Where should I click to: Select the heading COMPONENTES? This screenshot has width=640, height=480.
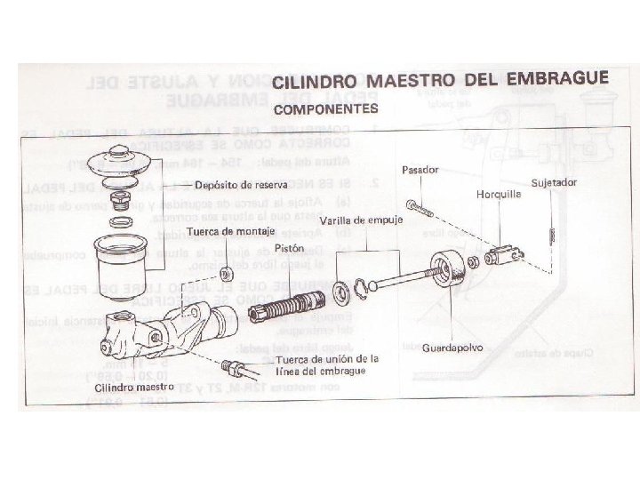(325, 110)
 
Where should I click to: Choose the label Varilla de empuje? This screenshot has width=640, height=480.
(362, 220)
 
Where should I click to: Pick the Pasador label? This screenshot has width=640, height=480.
(418, 168)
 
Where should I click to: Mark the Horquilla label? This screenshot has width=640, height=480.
(498, 196)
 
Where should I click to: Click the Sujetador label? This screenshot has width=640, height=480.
(556, 182)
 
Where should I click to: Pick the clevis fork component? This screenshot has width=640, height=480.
(504, 256)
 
